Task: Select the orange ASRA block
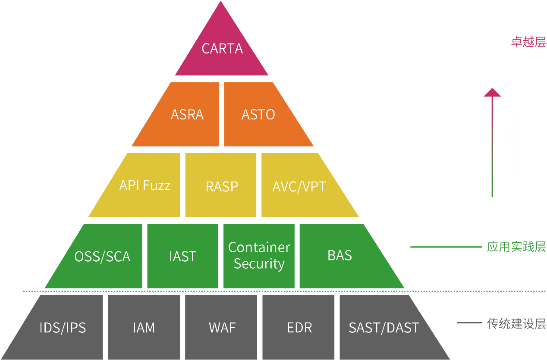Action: pos(187,115)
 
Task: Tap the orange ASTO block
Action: pos(258,115)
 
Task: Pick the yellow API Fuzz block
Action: pos(145,185)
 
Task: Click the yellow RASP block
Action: pos(222,186)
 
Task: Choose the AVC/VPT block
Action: pos(299,186)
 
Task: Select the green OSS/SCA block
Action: pos(102,257)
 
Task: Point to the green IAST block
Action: pos(182,257)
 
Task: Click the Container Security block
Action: pos(259,256)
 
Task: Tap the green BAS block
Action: pos(340,256)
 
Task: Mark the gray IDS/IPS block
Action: pos(63,328)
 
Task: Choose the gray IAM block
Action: pos(144,328)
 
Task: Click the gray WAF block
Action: pos(222,328)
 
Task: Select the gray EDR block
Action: pos(299,328)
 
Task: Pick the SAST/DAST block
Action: pos(384,328)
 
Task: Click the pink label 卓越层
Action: pos(528,42)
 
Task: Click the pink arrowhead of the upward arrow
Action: pos(492,92)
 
